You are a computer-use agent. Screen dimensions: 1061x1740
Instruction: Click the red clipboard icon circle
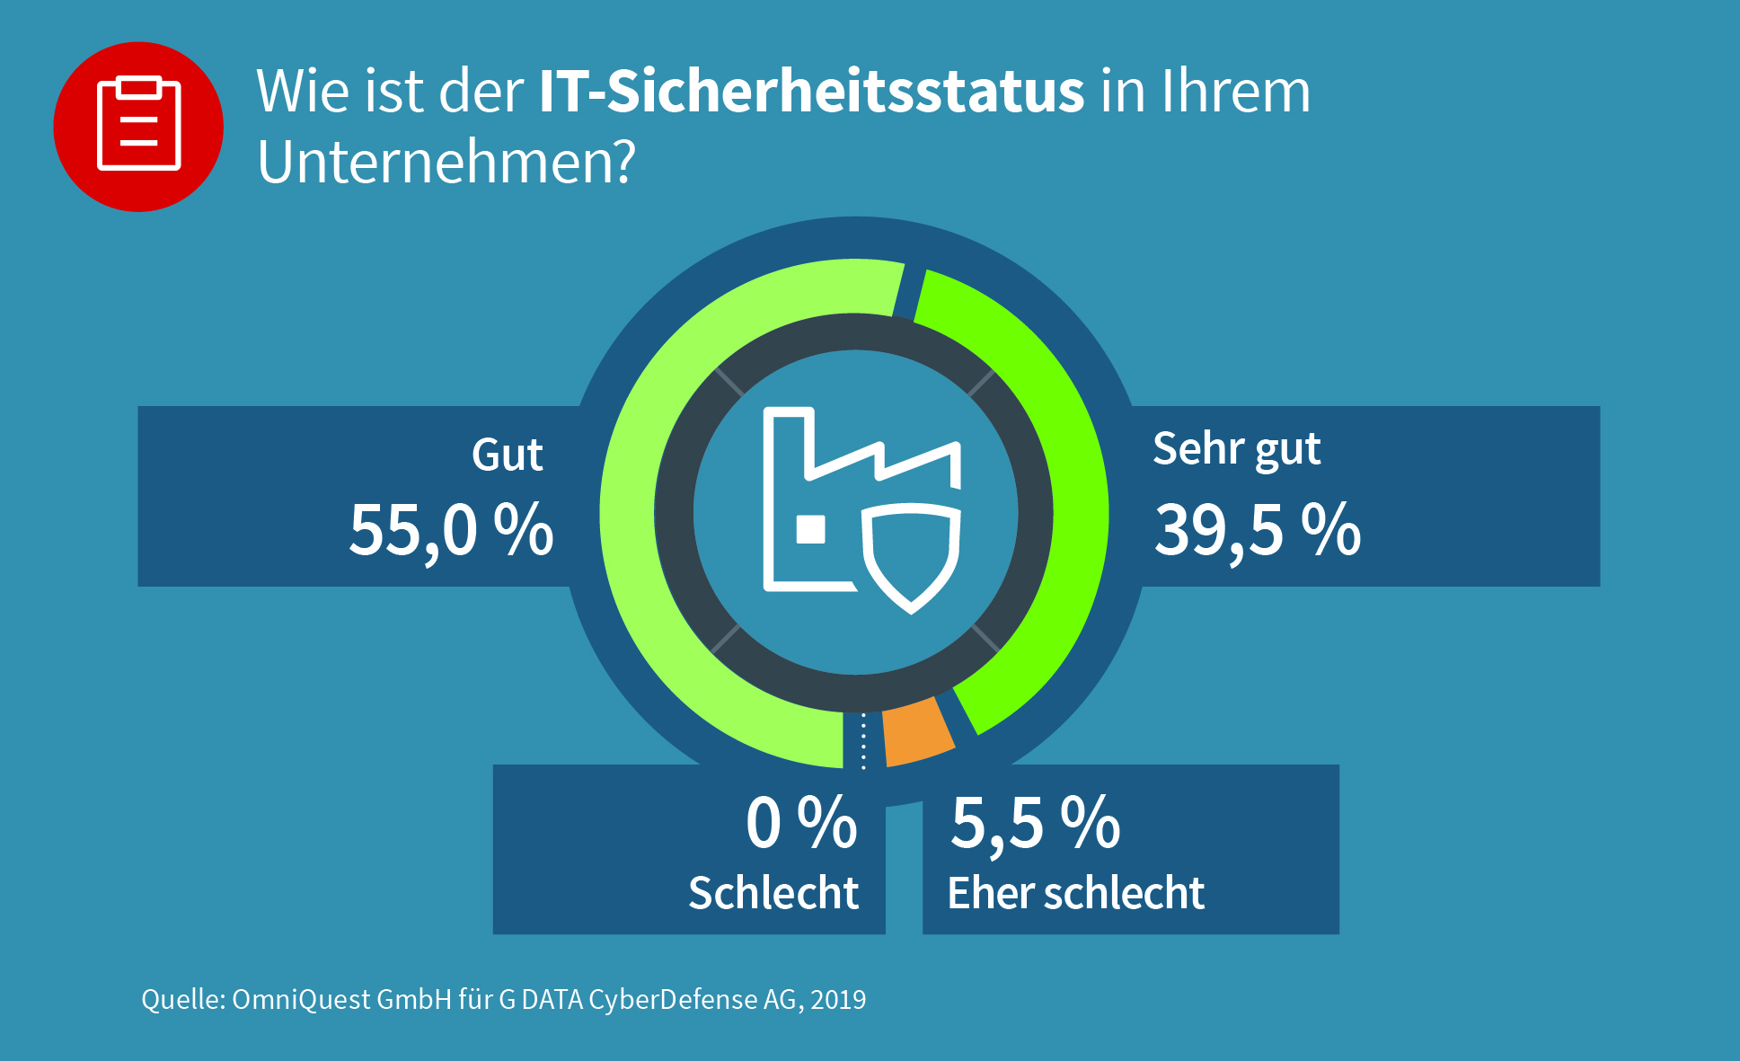138,127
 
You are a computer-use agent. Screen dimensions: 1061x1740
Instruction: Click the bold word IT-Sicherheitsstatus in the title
811,92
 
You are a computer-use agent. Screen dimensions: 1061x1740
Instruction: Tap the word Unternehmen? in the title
446,163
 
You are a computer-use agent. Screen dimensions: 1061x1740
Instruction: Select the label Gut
507,455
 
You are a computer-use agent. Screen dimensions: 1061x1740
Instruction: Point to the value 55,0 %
451,530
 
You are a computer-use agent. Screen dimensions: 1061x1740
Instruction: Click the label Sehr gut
1236,449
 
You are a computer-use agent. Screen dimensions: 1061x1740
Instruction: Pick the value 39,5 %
1257,530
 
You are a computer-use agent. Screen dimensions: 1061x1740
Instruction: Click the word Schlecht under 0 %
773,893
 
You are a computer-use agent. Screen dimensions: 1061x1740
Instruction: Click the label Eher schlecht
1075,893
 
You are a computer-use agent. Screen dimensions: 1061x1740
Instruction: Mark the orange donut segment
916,732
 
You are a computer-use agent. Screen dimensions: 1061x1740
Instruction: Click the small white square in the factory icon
811,529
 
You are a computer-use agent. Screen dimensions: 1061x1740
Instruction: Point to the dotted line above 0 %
863,741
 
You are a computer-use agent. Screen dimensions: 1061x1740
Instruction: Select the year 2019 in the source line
838,1000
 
